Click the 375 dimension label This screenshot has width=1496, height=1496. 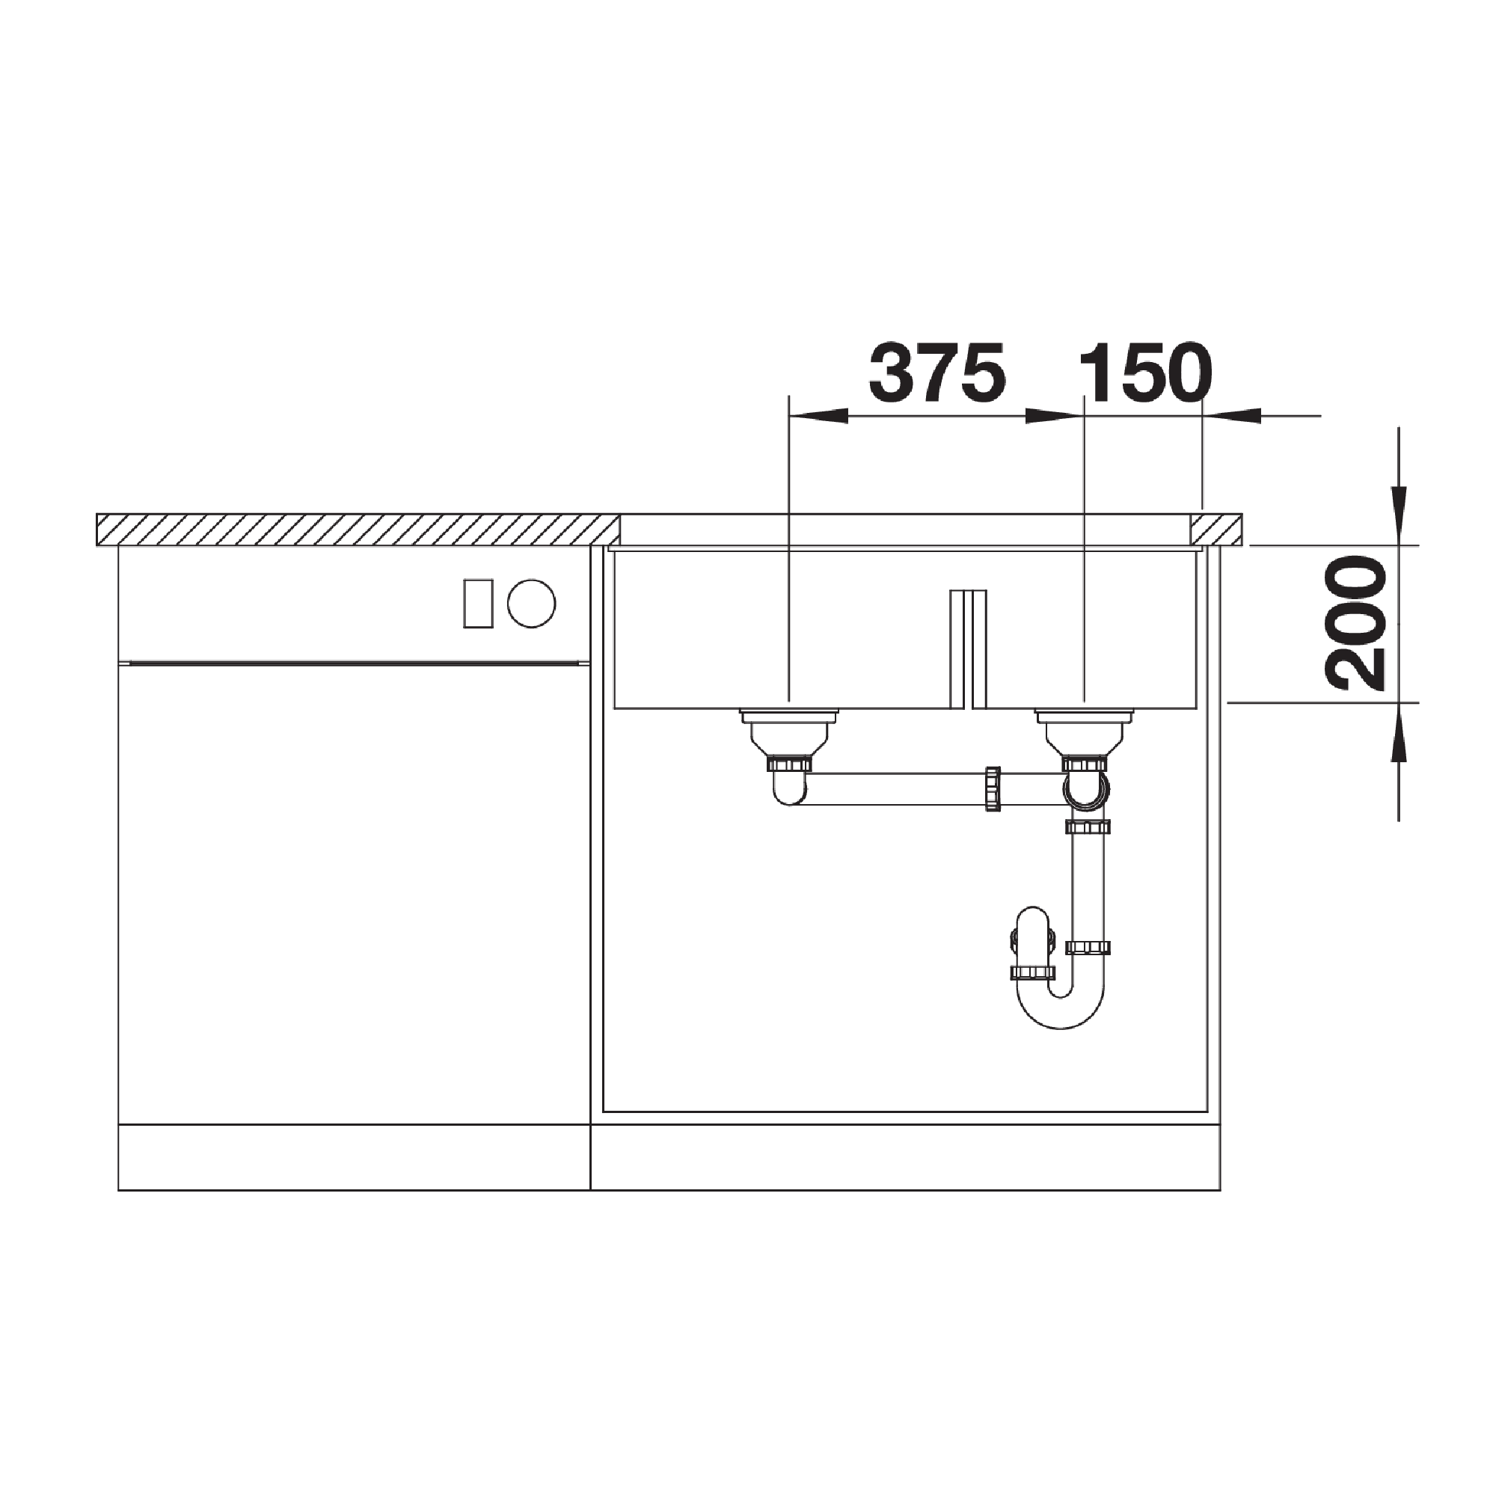[x=937, y=374]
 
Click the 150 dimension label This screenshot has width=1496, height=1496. [x=1144, y=374]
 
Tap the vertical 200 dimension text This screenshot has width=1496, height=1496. [x=1355, y=623]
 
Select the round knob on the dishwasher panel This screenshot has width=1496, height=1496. [x=531, y=603]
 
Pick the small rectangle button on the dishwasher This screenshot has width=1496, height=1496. [x=478, y=603]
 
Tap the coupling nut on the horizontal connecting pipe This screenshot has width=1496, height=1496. [x=993, y=789]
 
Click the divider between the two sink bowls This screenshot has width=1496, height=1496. [x=969, y=649]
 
